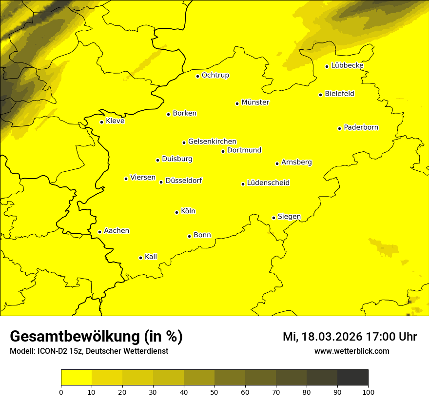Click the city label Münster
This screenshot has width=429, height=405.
[255, 102]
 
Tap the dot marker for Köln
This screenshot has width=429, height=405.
[176, 212]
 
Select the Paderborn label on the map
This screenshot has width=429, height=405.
[361, 127]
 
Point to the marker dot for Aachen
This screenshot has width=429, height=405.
[99, 232]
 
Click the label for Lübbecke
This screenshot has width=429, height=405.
[347, 65]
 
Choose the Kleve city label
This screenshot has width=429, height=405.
[115, 121]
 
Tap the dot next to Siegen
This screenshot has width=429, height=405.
[273, 218]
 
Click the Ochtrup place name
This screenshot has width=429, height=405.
[215, 75]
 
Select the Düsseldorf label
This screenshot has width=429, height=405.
[183, 181]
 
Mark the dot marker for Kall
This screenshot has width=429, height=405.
[140, 258]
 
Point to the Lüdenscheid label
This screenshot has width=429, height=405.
[268, 183]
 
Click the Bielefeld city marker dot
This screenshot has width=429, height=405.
[320, 95]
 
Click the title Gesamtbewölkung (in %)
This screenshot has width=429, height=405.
[96, 336]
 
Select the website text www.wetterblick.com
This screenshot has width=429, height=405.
[351, 351]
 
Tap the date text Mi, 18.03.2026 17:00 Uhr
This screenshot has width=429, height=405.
[350, 337]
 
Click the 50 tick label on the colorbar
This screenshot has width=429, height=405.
[214, 392]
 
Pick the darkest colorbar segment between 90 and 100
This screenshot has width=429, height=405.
[352, 377]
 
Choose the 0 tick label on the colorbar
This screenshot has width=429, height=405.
[61, 392]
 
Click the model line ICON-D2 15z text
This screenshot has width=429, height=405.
[89, 351]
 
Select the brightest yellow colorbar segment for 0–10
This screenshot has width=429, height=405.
[76, 377]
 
